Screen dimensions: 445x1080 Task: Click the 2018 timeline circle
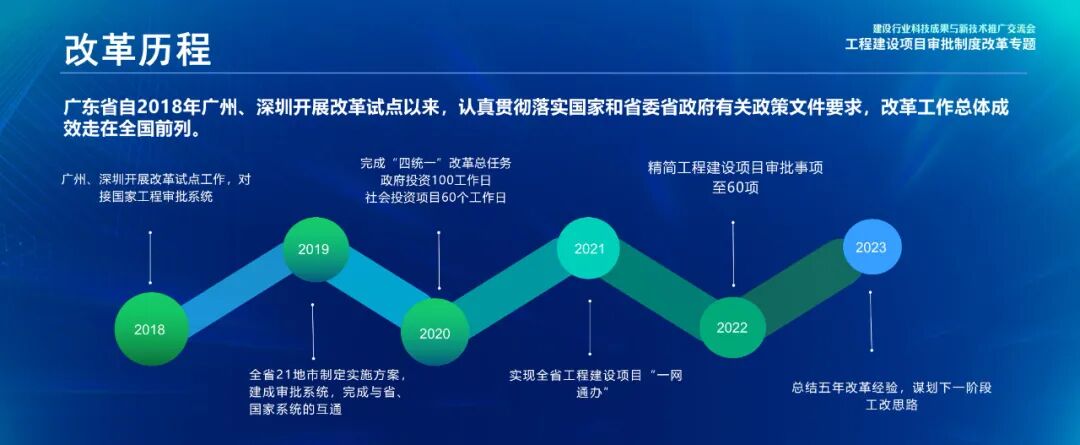click(x=149, y=327)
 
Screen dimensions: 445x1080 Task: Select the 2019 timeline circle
click(x=315, y=248)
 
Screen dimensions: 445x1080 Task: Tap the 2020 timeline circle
click(x=434, y=332)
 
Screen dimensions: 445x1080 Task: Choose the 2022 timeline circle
click(x=732, y=327)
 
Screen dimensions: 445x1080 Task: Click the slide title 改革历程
click(x=137, y=50)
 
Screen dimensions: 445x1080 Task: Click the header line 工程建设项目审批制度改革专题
click(x=940, y=44)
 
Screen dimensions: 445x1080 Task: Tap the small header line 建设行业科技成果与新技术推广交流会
click(x=954, y=28)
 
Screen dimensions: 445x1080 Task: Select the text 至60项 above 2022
click(x=735, y=186)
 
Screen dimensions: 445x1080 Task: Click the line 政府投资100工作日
click(x=436, y=180)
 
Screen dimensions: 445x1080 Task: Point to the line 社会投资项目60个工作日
click(x=436, y=198)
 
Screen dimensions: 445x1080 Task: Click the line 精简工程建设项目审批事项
click(x=735, y=167)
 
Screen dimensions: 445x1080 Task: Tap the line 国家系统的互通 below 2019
click(x=296, y=409)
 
